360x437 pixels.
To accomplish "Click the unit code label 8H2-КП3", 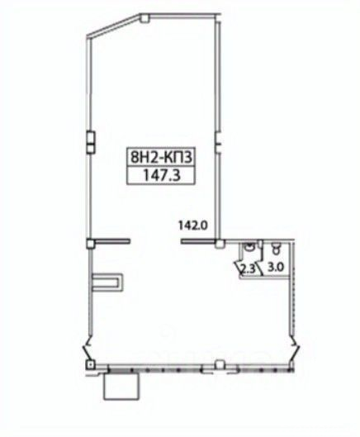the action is point(161,157).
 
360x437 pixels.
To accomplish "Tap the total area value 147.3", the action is point(161,175).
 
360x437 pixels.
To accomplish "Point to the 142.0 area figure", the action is point(193,225).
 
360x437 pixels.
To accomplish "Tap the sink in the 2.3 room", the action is point(249,246).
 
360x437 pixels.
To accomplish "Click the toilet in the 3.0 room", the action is point(276,248).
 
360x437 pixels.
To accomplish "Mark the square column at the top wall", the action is point(144,18).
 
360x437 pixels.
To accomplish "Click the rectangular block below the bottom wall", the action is point(121,387).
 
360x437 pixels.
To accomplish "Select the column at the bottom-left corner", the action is point(90,364).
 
